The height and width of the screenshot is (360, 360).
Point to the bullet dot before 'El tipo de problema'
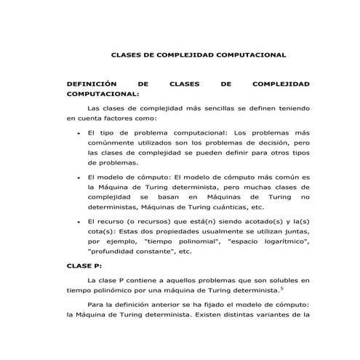pos(78,133)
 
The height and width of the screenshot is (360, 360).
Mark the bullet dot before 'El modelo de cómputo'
pos(78,177)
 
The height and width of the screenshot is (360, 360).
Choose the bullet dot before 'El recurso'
pos(78,220)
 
